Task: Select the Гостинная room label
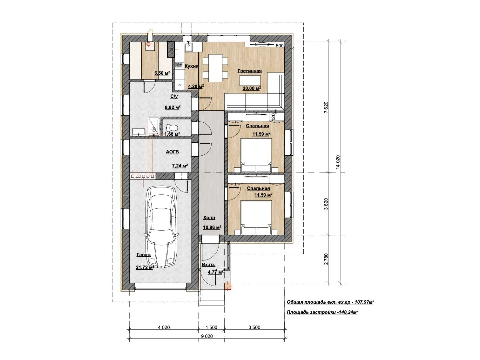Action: (250, 71)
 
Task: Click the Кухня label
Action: (192, 66)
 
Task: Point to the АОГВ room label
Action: (172, 152)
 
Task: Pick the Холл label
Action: (209, 218)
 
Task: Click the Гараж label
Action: (144, 255)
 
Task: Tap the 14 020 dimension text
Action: (338, 162)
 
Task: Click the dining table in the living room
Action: (215, 68)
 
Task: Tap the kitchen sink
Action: (188, 47)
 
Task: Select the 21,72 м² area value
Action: (145, 267)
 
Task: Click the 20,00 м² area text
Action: (252, 88)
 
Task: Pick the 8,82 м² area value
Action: (173, 107)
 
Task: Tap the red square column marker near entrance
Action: (227, 286)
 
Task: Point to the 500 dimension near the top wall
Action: (279, 46)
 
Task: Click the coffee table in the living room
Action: (250, 81)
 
